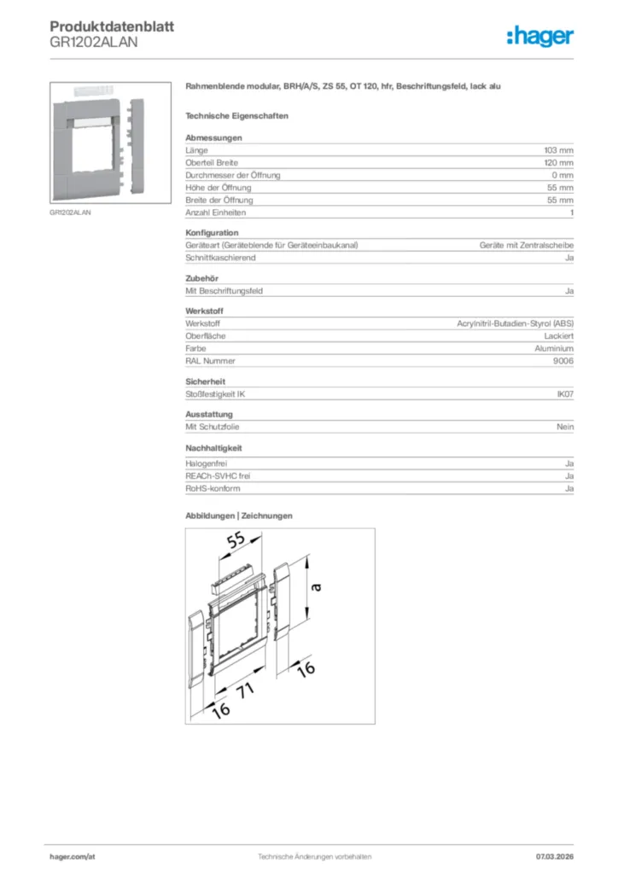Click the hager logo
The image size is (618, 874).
pos(539,36)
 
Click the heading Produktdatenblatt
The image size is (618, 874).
pos(112,26)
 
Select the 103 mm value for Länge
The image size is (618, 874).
pos(558,149)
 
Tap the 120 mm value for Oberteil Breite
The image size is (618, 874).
pos(558,162)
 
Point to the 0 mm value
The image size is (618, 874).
pos(562,175)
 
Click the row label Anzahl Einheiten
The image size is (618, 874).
pos(215,213)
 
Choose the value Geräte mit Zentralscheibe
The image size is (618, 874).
pos(526,245)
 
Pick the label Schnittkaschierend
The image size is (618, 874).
pos(220,258)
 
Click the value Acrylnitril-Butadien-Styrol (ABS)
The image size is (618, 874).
pos(516,323)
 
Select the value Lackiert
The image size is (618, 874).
pos(556,336)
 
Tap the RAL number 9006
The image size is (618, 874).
pos(563,361)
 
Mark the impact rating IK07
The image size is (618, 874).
pos(564,393)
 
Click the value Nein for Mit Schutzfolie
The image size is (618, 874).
pos(564,427)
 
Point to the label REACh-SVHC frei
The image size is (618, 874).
pos(218,475)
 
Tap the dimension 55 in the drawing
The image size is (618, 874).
pos(236,540)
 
